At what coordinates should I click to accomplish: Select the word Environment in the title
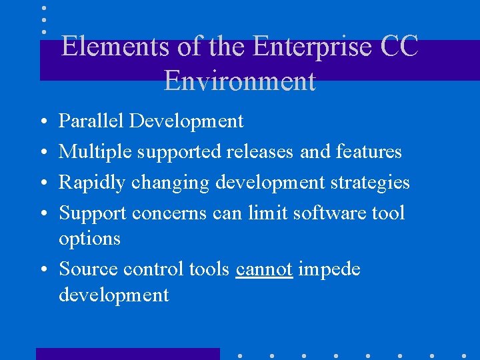pos(239,81)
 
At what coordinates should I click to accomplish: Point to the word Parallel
pos(91,121)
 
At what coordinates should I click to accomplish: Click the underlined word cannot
pos(264,269)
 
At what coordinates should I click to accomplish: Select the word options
pos(89,239)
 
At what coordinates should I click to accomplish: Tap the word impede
pos(329,269)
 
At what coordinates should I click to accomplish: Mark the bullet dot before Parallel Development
pos(43,122)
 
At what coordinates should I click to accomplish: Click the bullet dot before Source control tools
pos(43,270)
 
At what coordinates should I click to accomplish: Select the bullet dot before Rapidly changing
pos(43,183)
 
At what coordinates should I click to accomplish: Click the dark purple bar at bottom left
pos(127,353)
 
